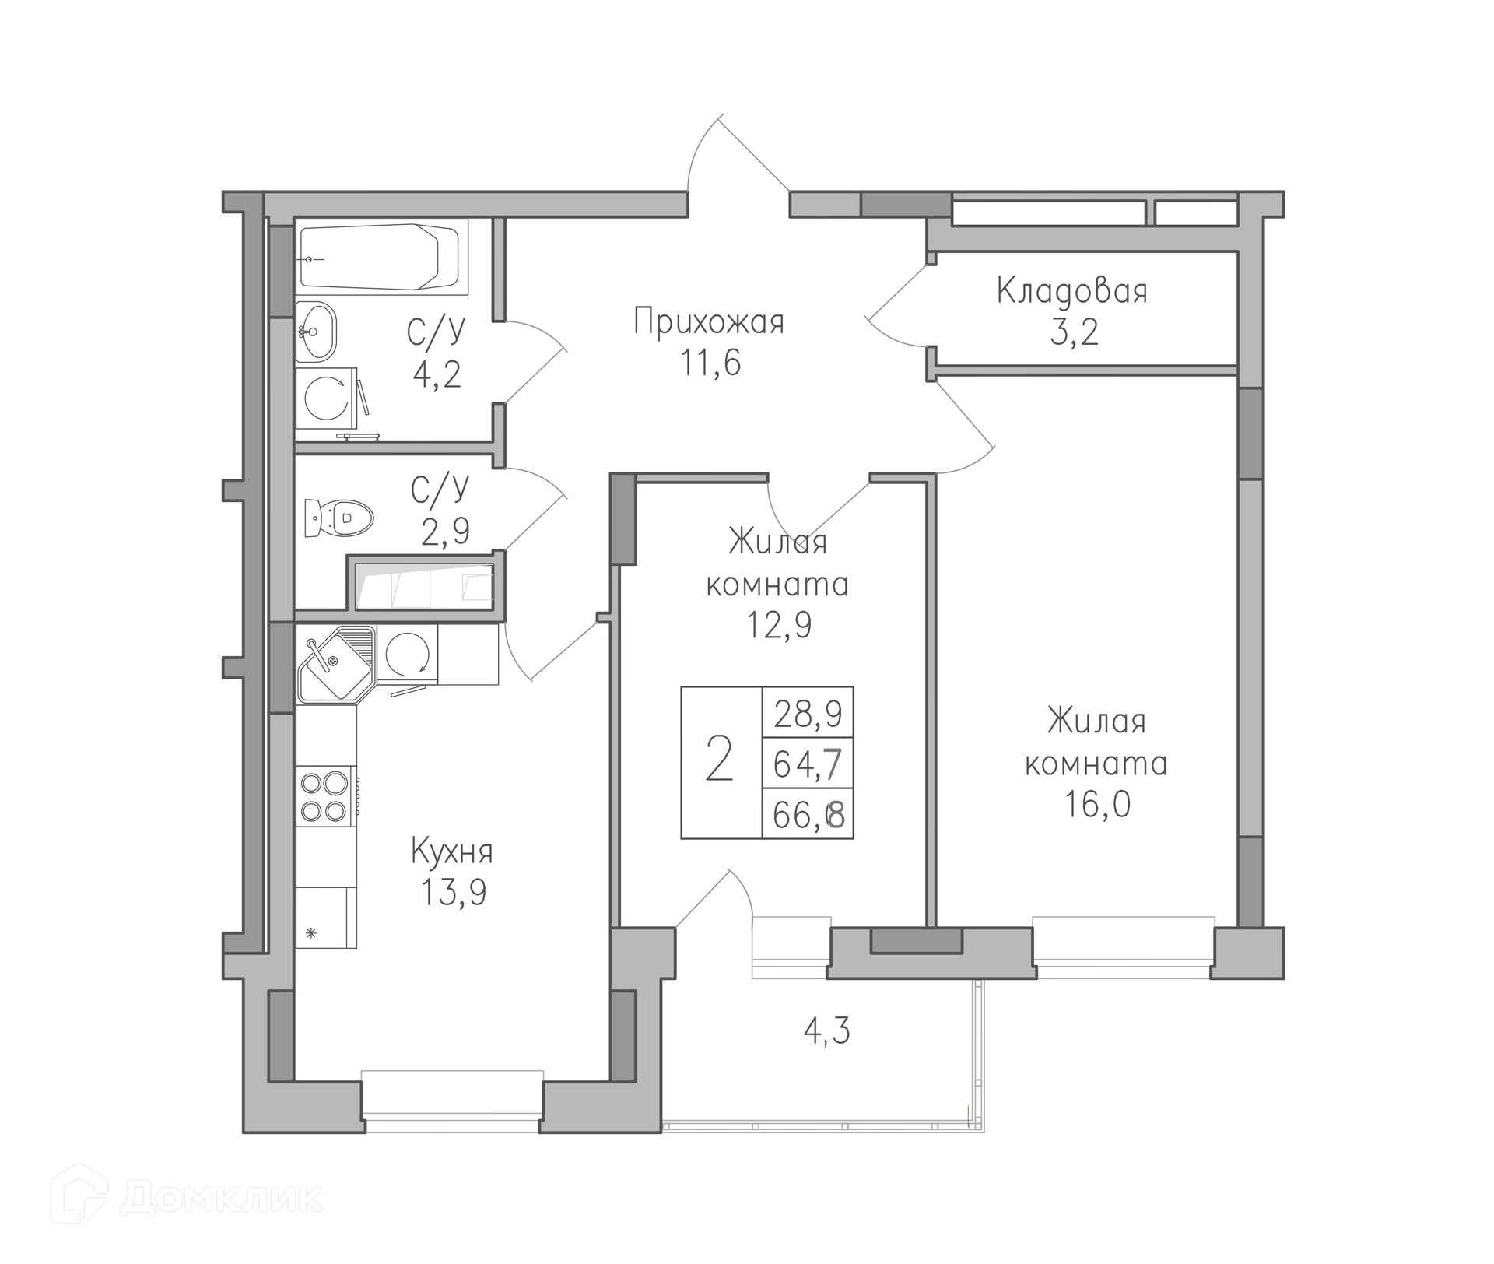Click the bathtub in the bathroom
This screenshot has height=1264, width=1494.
tap(382, 257)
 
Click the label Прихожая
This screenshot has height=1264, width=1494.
tap(709, 321)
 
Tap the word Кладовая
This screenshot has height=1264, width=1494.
tap(1072, 292)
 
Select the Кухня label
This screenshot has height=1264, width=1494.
tap(452, 851)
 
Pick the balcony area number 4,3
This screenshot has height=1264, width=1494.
tap(826, 1031)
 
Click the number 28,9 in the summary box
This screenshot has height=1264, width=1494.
tap(808, 713)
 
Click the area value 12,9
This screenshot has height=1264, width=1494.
tap(779, 624)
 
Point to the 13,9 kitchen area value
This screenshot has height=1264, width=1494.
tap(454, 892)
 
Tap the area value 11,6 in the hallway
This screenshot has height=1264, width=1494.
tap(711, 362)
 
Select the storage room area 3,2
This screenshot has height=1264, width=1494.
tap(1074, 332)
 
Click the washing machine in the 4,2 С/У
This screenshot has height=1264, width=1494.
tap(327, 398)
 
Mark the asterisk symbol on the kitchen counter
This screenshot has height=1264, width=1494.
tap(311, 932)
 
